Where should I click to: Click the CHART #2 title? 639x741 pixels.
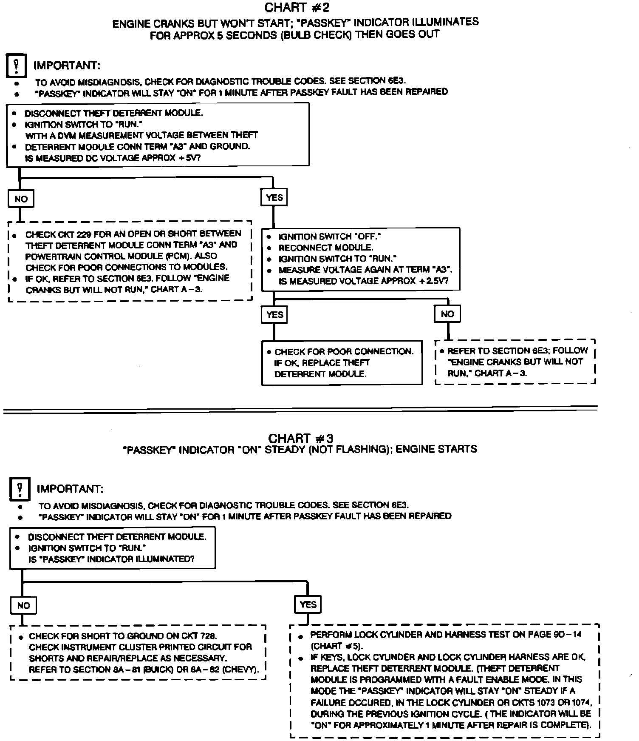[297, 8]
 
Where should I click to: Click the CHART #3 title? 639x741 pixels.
[300, 438]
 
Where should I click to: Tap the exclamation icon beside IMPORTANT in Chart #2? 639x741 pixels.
[17, 66]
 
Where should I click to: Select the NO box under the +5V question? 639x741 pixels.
[21, 199]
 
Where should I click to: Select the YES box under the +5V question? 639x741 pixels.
[274, 197]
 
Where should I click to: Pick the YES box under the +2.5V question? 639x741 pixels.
[274, 315]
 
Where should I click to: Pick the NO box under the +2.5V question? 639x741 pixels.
[447, 314]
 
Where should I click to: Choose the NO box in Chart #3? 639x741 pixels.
[23, 605]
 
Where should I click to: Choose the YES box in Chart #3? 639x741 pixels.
[308, 604]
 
